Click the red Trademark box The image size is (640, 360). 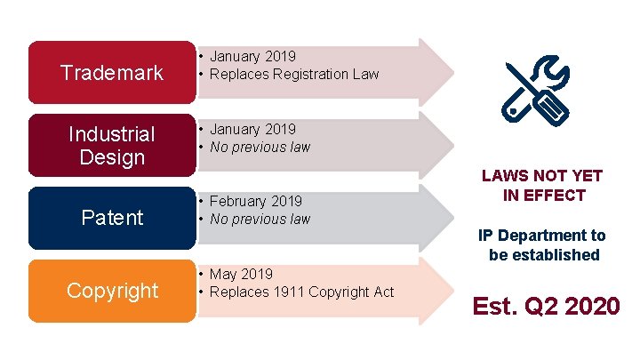(x=112, y=72)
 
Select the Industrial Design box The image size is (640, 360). (x=112, y=145)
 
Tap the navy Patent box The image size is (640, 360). (x=112, y=218)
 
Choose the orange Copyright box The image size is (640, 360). (x=112, y=291)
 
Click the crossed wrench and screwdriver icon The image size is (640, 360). (x=535, y=93)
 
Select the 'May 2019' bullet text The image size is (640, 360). (x=241, y=274)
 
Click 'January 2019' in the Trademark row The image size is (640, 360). (x=252, y=57)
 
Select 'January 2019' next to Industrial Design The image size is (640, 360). (x=252, y=130)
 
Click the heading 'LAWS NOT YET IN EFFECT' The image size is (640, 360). (x=542, y=185)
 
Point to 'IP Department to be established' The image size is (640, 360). (x=542, y=244)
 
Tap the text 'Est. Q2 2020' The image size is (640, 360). (x=546, y=307)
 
